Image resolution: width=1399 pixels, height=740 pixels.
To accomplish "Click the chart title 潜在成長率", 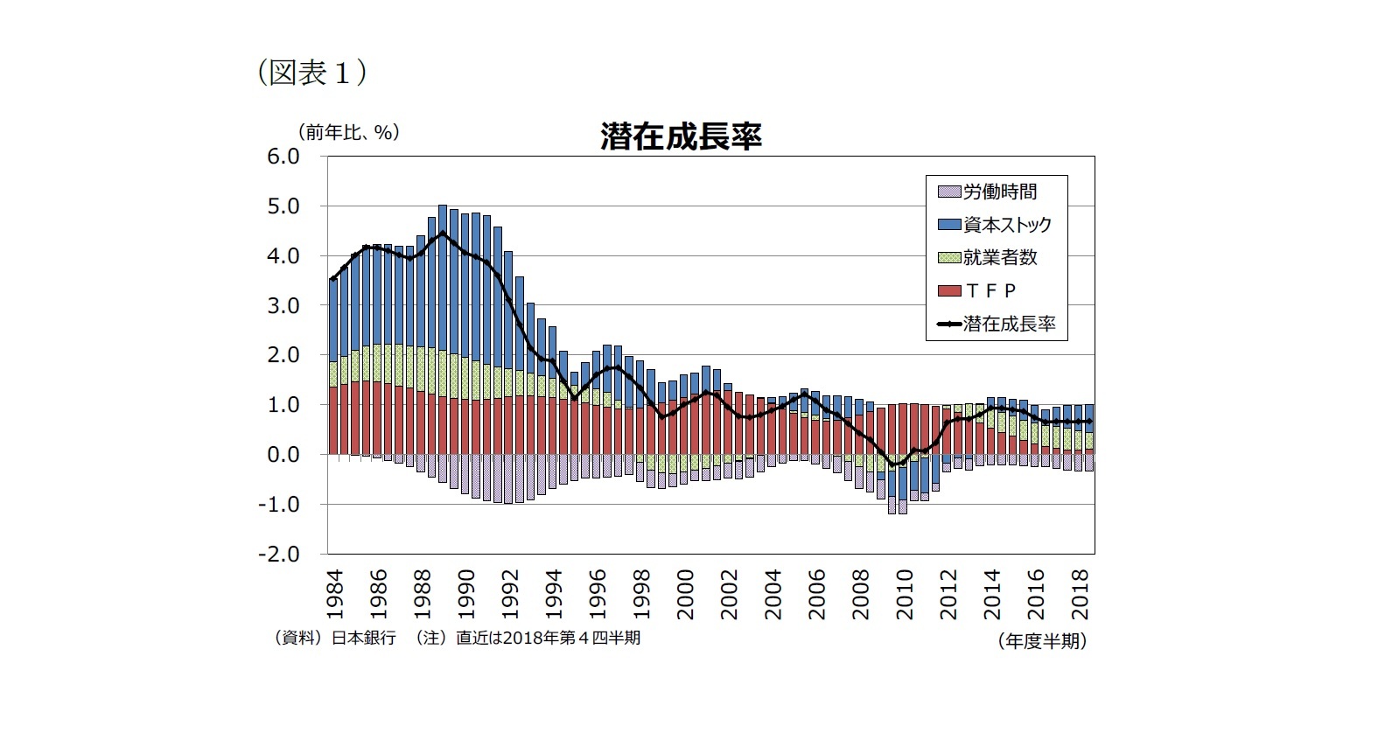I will (681, 136).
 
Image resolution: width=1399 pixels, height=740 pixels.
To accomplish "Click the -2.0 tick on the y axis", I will (277, 555).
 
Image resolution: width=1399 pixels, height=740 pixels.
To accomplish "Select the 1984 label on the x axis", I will (335, 595).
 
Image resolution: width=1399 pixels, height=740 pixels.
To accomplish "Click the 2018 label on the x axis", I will (1081, 595).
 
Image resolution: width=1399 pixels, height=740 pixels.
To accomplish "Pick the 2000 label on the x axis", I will (686, 595).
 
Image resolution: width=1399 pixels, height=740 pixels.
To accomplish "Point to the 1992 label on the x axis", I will (510, 595).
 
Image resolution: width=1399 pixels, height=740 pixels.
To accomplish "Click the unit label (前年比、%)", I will (348, 132).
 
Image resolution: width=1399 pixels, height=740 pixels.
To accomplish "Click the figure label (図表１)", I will (311, 73).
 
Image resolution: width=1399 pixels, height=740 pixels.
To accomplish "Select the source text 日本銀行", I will (363, 638).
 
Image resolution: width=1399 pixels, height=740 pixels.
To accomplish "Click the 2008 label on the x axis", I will (861, 595).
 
